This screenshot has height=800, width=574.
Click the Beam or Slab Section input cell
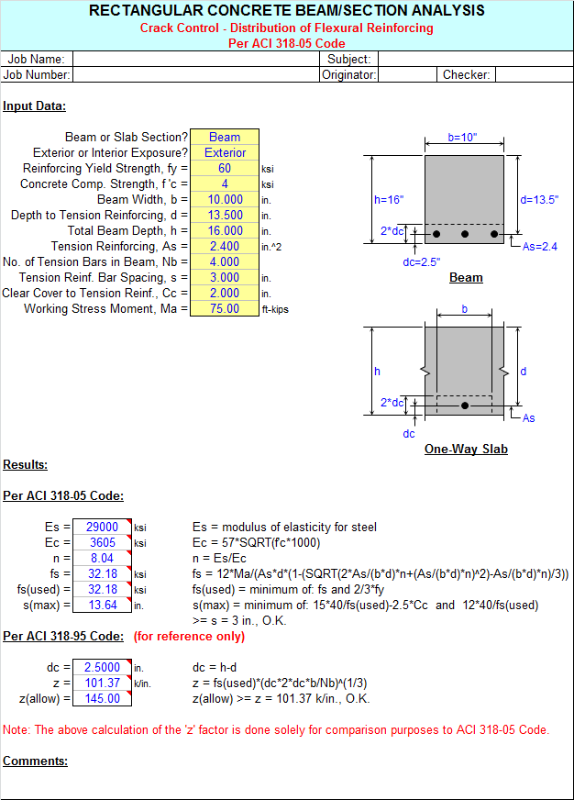coord(225,138)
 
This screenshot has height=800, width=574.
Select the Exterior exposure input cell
coord(225,153)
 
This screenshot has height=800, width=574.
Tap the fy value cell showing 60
coord(225,169)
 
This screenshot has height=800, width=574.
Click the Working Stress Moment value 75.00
coord(225,309)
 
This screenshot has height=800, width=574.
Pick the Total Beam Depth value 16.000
coord(225,231)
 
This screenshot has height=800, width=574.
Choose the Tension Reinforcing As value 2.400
coord(225,247)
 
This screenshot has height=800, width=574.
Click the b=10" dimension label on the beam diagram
coord(463,139)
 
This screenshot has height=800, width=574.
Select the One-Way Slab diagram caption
coord(466,450)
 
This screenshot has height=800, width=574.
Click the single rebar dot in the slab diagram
coord(465,406)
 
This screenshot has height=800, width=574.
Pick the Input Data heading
coord(34,106)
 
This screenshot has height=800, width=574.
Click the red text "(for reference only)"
coord(190,637)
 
